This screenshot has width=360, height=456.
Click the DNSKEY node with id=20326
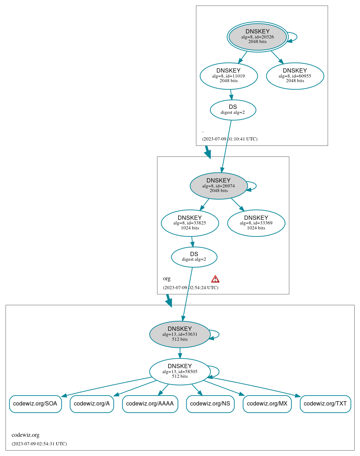257,37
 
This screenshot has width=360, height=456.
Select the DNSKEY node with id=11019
229,76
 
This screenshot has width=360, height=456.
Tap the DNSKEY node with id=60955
295,76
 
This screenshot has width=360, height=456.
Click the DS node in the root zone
233,110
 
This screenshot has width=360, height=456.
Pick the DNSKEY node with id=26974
219,186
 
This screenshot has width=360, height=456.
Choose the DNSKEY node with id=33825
190,223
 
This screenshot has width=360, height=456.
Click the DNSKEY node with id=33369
256,223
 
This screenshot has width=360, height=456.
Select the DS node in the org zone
194,257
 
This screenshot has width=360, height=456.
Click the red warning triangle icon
215,279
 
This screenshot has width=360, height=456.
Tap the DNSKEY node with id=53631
180,334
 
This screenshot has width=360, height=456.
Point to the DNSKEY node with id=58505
180,371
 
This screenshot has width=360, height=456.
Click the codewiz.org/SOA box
36,404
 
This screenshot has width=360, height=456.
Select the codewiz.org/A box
92,404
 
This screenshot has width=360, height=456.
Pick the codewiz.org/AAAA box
150,404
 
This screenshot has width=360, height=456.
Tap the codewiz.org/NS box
210,404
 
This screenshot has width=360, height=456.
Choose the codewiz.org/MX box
267,404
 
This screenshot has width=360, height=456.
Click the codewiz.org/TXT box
325,404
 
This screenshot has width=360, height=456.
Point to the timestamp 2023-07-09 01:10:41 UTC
230,139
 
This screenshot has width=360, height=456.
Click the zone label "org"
167,279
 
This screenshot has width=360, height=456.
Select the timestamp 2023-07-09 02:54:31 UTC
39,444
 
